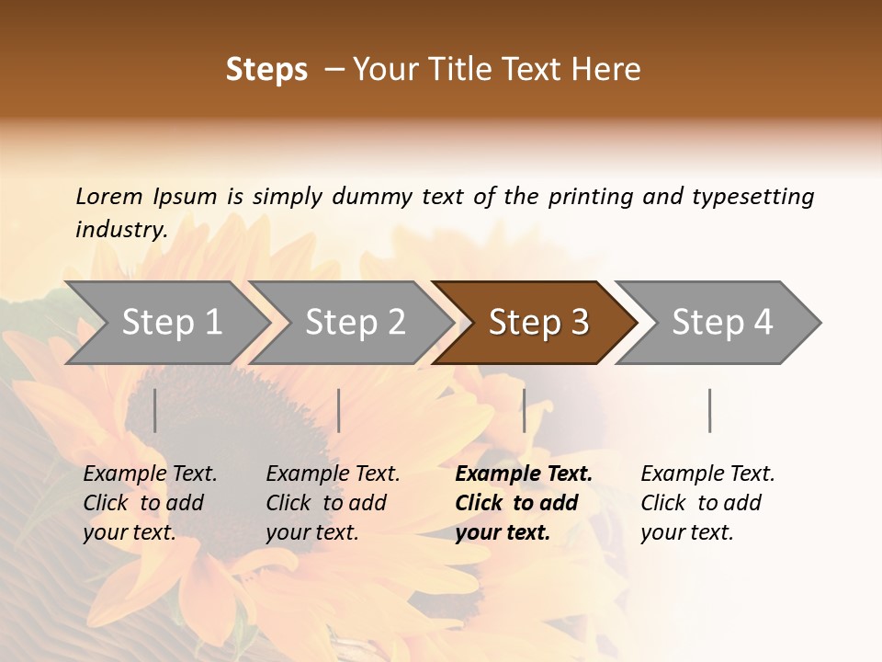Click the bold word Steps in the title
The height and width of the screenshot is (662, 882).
coord(266,70)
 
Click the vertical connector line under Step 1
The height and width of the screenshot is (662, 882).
coord(155,410)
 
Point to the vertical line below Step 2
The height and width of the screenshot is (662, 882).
coord(339,410)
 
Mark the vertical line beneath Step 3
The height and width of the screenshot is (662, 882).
coord(525,410)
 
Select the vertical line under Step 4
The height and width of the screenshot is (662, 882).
coord(709,410)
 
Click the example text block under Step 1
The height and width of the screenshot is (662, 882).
coord(150,503)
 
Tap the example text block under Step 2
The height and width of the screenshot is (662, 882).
coord(333,503)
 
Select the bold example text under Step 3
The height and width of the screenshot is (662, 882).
coord(524,503)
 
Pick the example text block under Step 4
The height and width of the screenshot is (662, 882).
coord(707,503)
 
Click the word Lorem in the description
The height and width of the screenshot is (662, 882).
coord(109,197)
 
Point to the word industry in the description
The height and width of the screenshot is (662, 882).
coord(121,230)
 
